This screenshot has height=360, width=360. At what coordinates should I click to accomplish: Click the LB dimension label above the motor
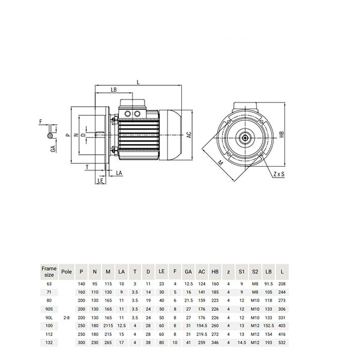(113, 89)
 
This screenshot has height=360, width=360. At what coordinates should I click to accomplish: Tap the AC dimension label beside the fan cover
(189, 135)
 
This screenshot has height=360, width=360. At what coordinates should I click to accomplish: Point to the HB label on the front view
(282, 134)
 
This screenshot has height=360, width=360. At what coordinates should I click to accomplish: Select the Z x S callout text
(279, 174)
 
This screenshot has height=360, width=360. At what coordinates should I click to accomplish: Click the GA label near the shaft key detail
(53, 149)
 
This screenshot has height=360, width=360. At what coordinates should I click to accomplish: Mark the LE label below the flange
(100, 181)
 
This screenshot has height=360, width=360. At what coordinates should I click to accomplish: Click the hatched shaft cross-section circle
(50, 136)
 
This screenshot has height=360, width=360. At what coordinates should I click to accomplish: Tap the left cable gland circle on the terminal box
(128, 113)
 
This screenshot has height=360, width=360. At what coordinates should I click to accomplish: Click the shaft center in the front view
(245, 138)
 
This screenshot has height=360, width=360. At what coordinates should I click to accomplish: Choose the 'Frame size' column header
(49, 272)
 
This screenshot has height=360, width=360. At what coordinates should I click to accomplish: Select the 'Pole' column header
(67, 272)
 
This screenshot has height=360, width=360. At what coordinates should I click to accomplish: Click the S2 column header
(255, 272)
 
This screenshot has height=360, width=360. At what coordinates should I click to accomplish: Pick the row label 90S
(49, 309)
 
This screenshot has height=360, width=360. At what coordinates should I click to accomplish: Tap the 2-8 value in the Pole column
(67, 318)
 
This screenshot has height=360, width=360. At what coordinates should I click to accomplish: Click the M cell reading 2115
(108, 326)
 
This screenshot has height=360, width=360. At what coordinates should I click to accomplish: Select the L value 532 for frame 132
(282, 343)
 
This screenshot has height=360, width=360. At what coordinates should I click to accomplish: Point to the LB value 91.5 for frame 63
(269, 284)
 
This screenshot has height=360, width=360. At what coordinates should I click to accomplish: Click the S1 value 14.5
(242, 343)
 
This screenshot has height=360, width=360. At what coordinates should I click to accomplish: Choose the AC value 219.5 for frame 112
(202, 334)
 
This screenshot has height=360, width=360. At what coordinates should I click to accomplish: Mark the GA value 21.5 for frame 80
(188, 301)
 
